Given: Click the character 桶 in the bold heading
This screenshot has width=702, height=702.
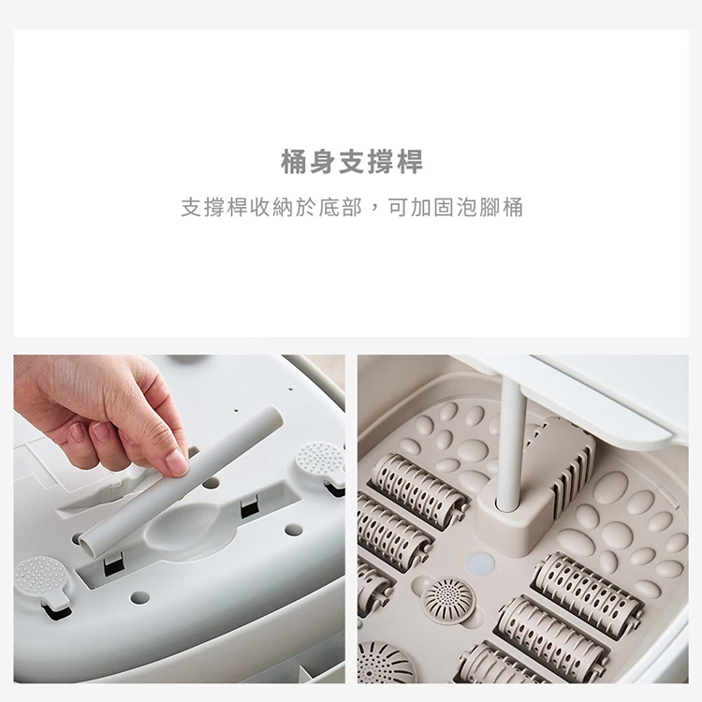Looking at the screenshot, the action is tap(294, 162).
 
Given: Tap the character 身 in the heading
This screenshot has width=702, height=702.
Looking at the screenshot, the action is tap(323, 162).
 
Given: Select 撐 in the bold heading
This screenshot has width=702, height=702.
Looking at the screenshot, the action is tap(380, 162).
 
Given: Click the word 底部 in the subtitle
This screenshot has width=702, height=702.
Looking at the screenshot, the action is tap(340, 208).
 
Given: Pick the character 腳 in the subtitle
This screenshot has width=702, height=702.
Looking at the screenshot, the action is tap(490, 208).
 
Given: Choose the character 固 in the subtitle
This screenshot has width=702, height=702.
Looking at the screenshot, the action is tap(444, 208).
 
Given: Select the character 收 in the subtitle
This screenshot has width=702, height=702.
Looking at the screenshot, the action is tap(259, 208).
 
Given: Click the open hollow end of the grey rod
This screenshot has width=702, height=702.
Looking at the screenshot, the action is tap(87, 545).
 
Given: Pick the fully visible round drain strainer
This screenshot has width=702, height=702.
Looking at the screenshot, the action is tap(448, 599).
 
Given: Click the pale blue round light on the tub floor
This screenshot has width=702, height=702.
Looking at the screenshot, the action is tap(480, 563).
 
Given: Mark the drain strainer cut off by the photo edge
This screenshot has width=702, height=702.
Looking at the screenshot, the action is tap(386, 663).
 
